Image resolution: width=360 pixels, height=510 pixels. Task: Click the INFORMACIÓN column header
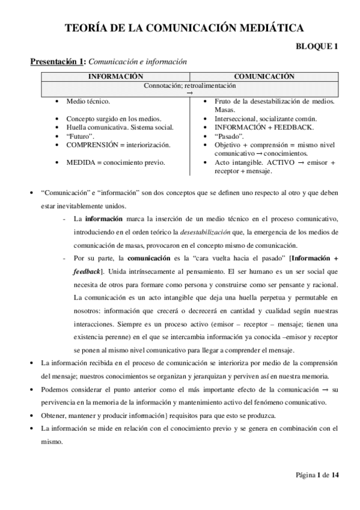tap(116, 76)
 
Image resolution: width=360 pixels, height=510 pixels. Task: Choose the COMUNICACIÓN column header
tap(264, 76)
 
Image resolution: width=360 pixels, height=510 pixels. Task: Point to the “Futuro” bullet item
tap(80, 137)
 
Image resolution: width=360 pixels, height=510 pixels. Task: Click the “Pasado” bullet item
tap(229, 137)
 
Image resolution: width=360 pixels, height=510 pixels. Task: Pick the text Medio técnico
tap(88, 102)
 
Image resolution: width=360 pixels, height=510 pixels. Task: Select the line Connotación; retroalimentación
tap(189, 86)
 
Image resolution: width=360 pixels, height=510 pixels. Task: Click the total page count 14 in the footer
tap(335, 475)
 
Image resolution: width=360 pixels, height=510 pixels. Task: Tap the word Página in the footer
tap(305, 475)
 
